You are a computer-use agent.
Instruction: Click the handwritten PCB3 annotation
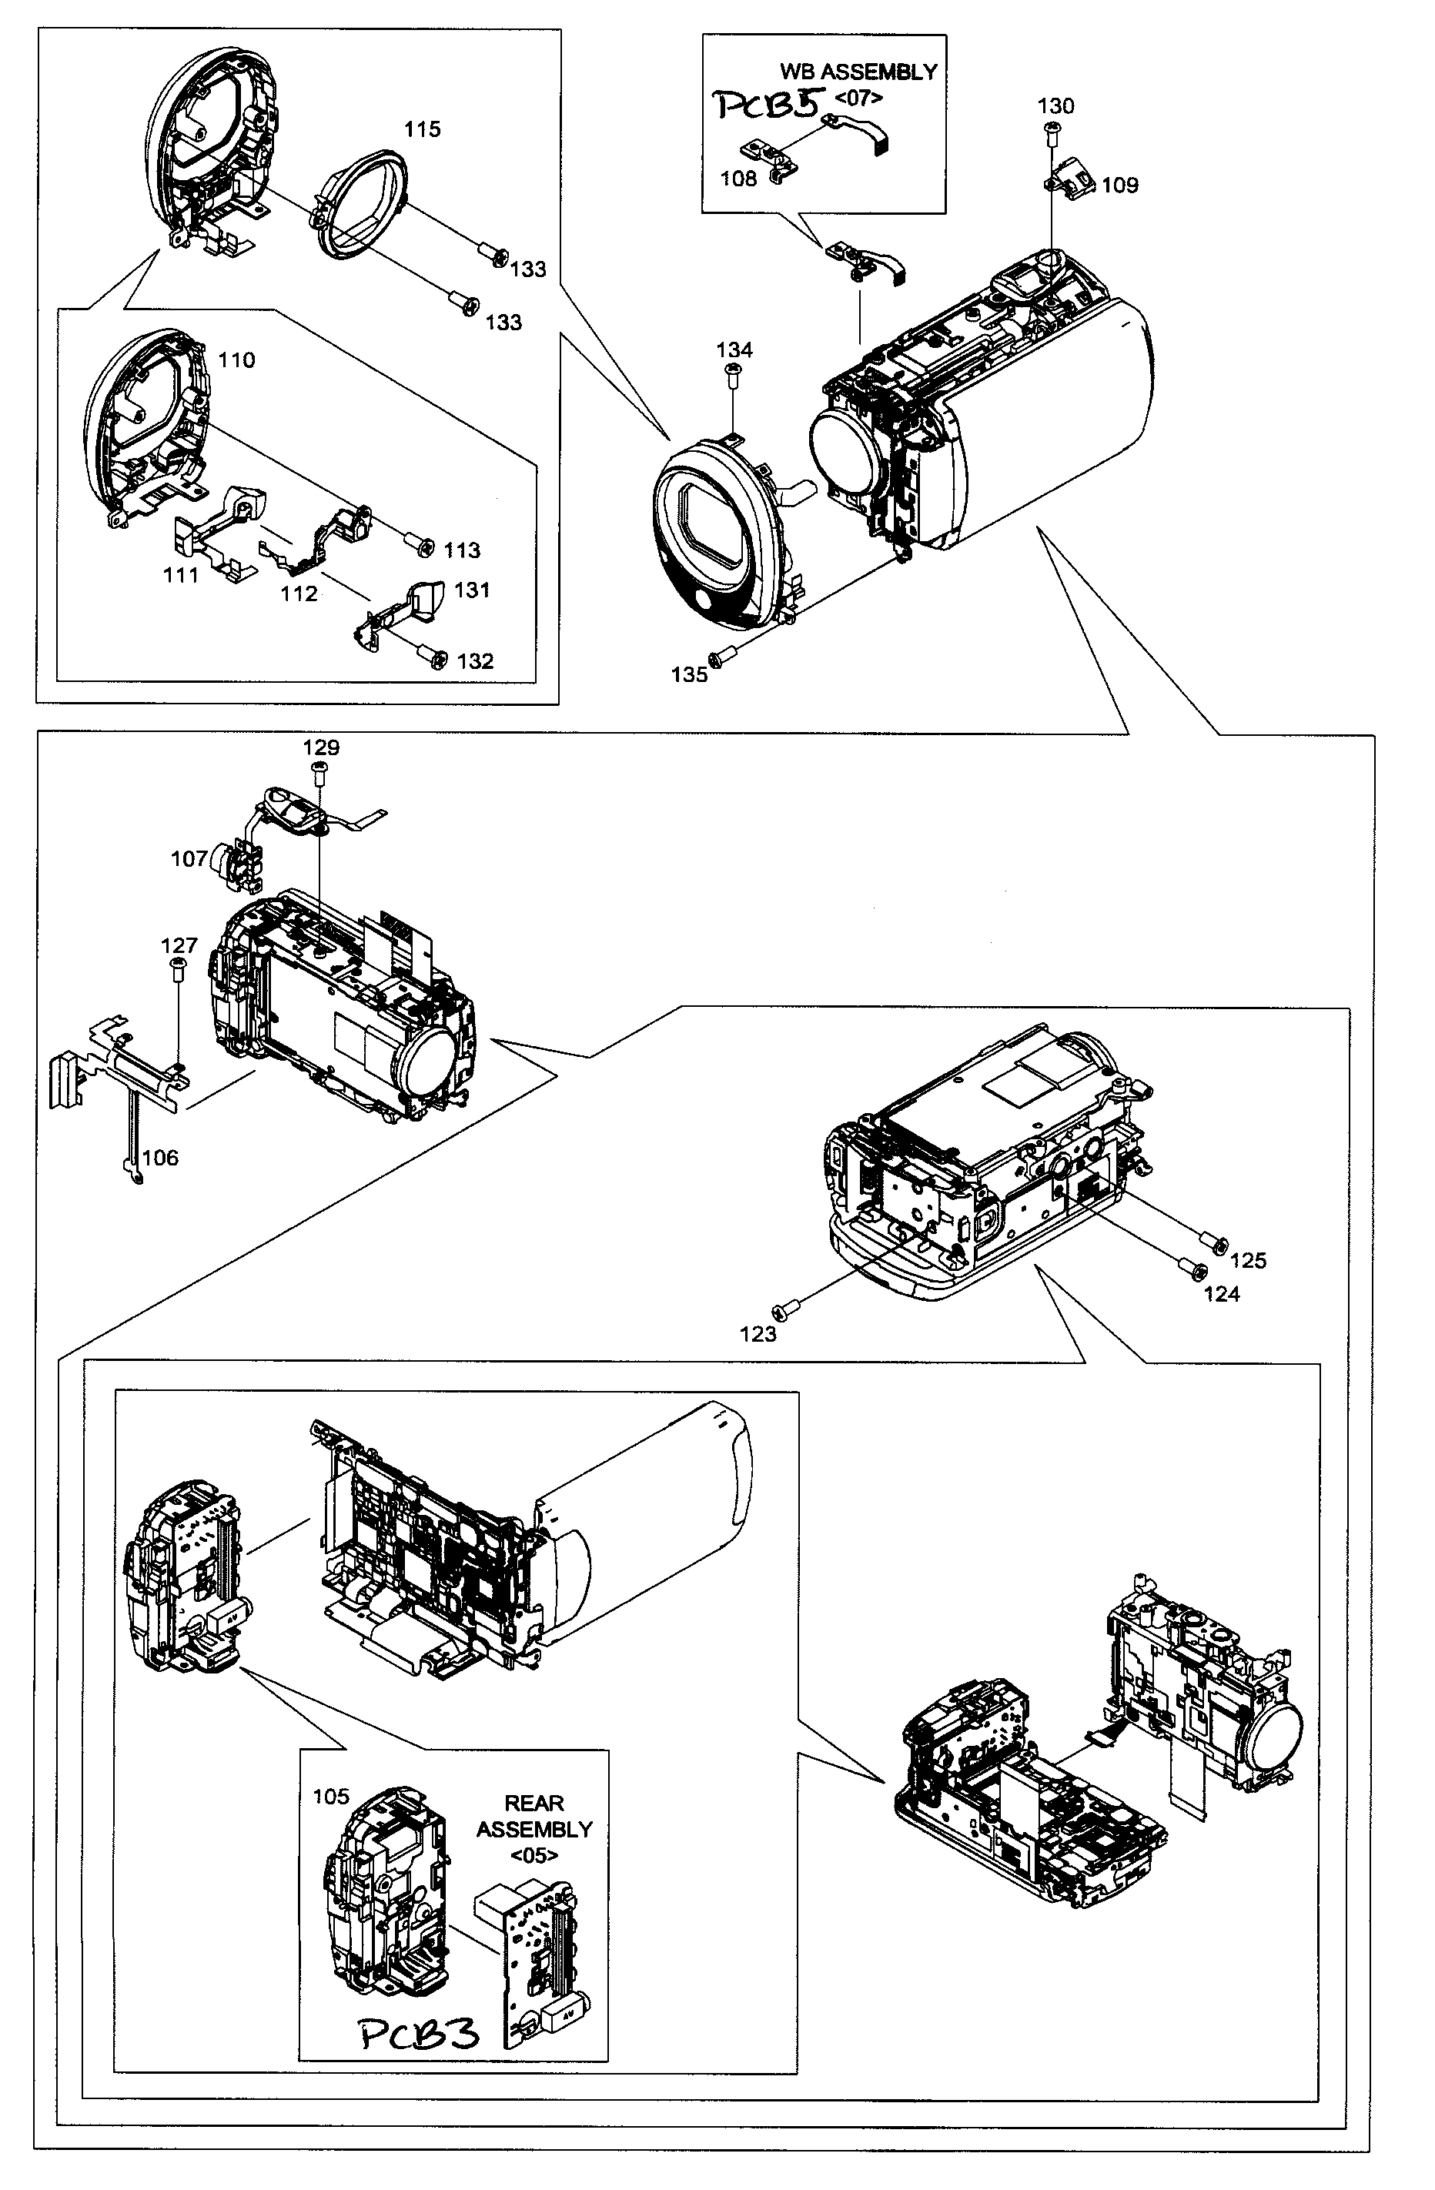pyautogui.click(x=420, y=2035)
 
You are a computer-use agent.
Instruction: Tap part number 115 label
pyautogui.click(x=423, y=130)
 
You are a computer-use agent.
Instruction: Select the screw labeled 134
pyautogui.click(x=734, y=371)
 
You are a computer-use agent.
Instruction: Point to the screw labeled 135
pyautogui.click(x=721, y=656)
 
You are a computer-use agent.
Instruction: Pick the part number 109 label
pyautogui.click(x=1119, y=185)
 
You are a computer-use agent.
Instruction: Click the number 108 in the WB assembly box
pyautogui.click(x=738, y=179)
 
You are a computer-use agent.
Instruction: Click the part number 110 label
pyautogui.click(x=236, y=359)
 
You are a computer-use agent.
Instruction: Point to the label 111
pyautogui.click(x=180, y=575)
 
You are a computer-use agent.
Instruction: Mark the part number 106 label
pyautogui.click(x=160, y=1158)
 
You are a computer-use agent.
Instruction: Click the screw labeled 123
pyautogui.click(x=787, y=1308)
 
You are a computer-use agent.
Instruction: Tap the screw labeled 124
pyautogui.click(x=1193, y=1271)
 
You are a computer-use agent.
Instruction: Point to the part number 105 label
pyautogui.click(x=331, y=1796)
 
